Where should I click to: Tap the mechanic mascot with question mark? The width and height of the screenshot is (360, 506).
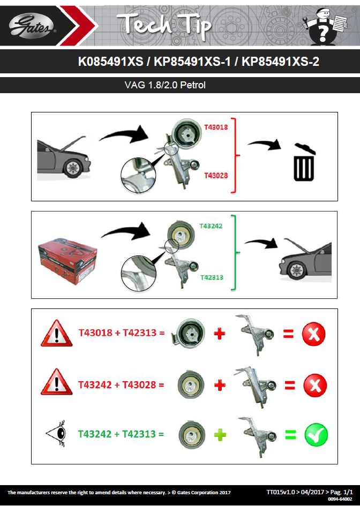(x=325, y=26)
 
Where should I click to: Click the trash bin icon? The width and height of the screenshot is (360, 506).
(x=304, y=162)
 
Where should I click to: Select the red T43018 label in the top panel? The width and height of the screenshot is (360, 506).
(x=216, y=127)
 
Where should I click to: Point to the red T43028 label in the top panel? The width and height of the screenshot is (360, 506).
(x=216, y=176)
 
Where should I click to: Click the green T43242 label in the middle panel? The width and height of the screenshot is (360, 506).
(x=211, y=226)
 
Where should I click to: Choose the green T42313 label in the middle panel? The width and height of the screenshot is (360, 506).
(x=212, y=277)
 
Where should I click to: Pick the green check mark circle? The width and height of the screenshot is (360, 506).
(x=316, y=435)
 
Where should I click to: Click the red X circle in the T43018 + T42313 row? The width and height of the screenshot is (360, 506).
(x=314, y=334)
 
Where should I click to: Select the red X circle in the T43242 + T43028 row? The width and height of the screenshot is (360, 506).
(x=315, y=386)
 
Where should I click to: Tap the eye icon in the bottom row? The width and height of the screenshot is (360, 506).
(x=57, y=433)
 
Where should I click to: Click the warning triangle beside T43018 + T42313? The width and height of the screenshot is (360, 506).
(x=57, y=334)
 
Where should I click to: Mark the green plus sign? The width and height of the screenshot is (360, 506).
(x=220, y=435)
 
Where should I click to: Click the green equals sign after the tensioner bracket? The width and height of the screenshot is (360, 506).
(x=290, y=434)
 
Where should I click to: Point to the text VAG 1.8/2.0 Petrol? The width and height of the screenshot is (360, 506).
(x=165, y=85)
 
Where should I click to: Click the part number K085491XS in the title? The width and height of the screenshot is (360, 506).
(x=111, y=62)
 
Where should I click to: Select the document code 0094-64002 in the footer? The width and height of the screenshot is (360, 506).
(x=340, y=499)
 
